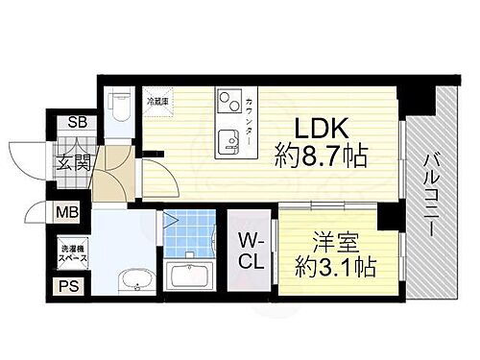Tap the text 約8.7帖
click(x=321, y=156)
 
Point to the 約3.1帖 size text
click(x=336, y=268)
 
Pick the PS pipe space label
click(x=68, y=284)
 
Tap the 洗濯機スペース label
click(x=71, y=251)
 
